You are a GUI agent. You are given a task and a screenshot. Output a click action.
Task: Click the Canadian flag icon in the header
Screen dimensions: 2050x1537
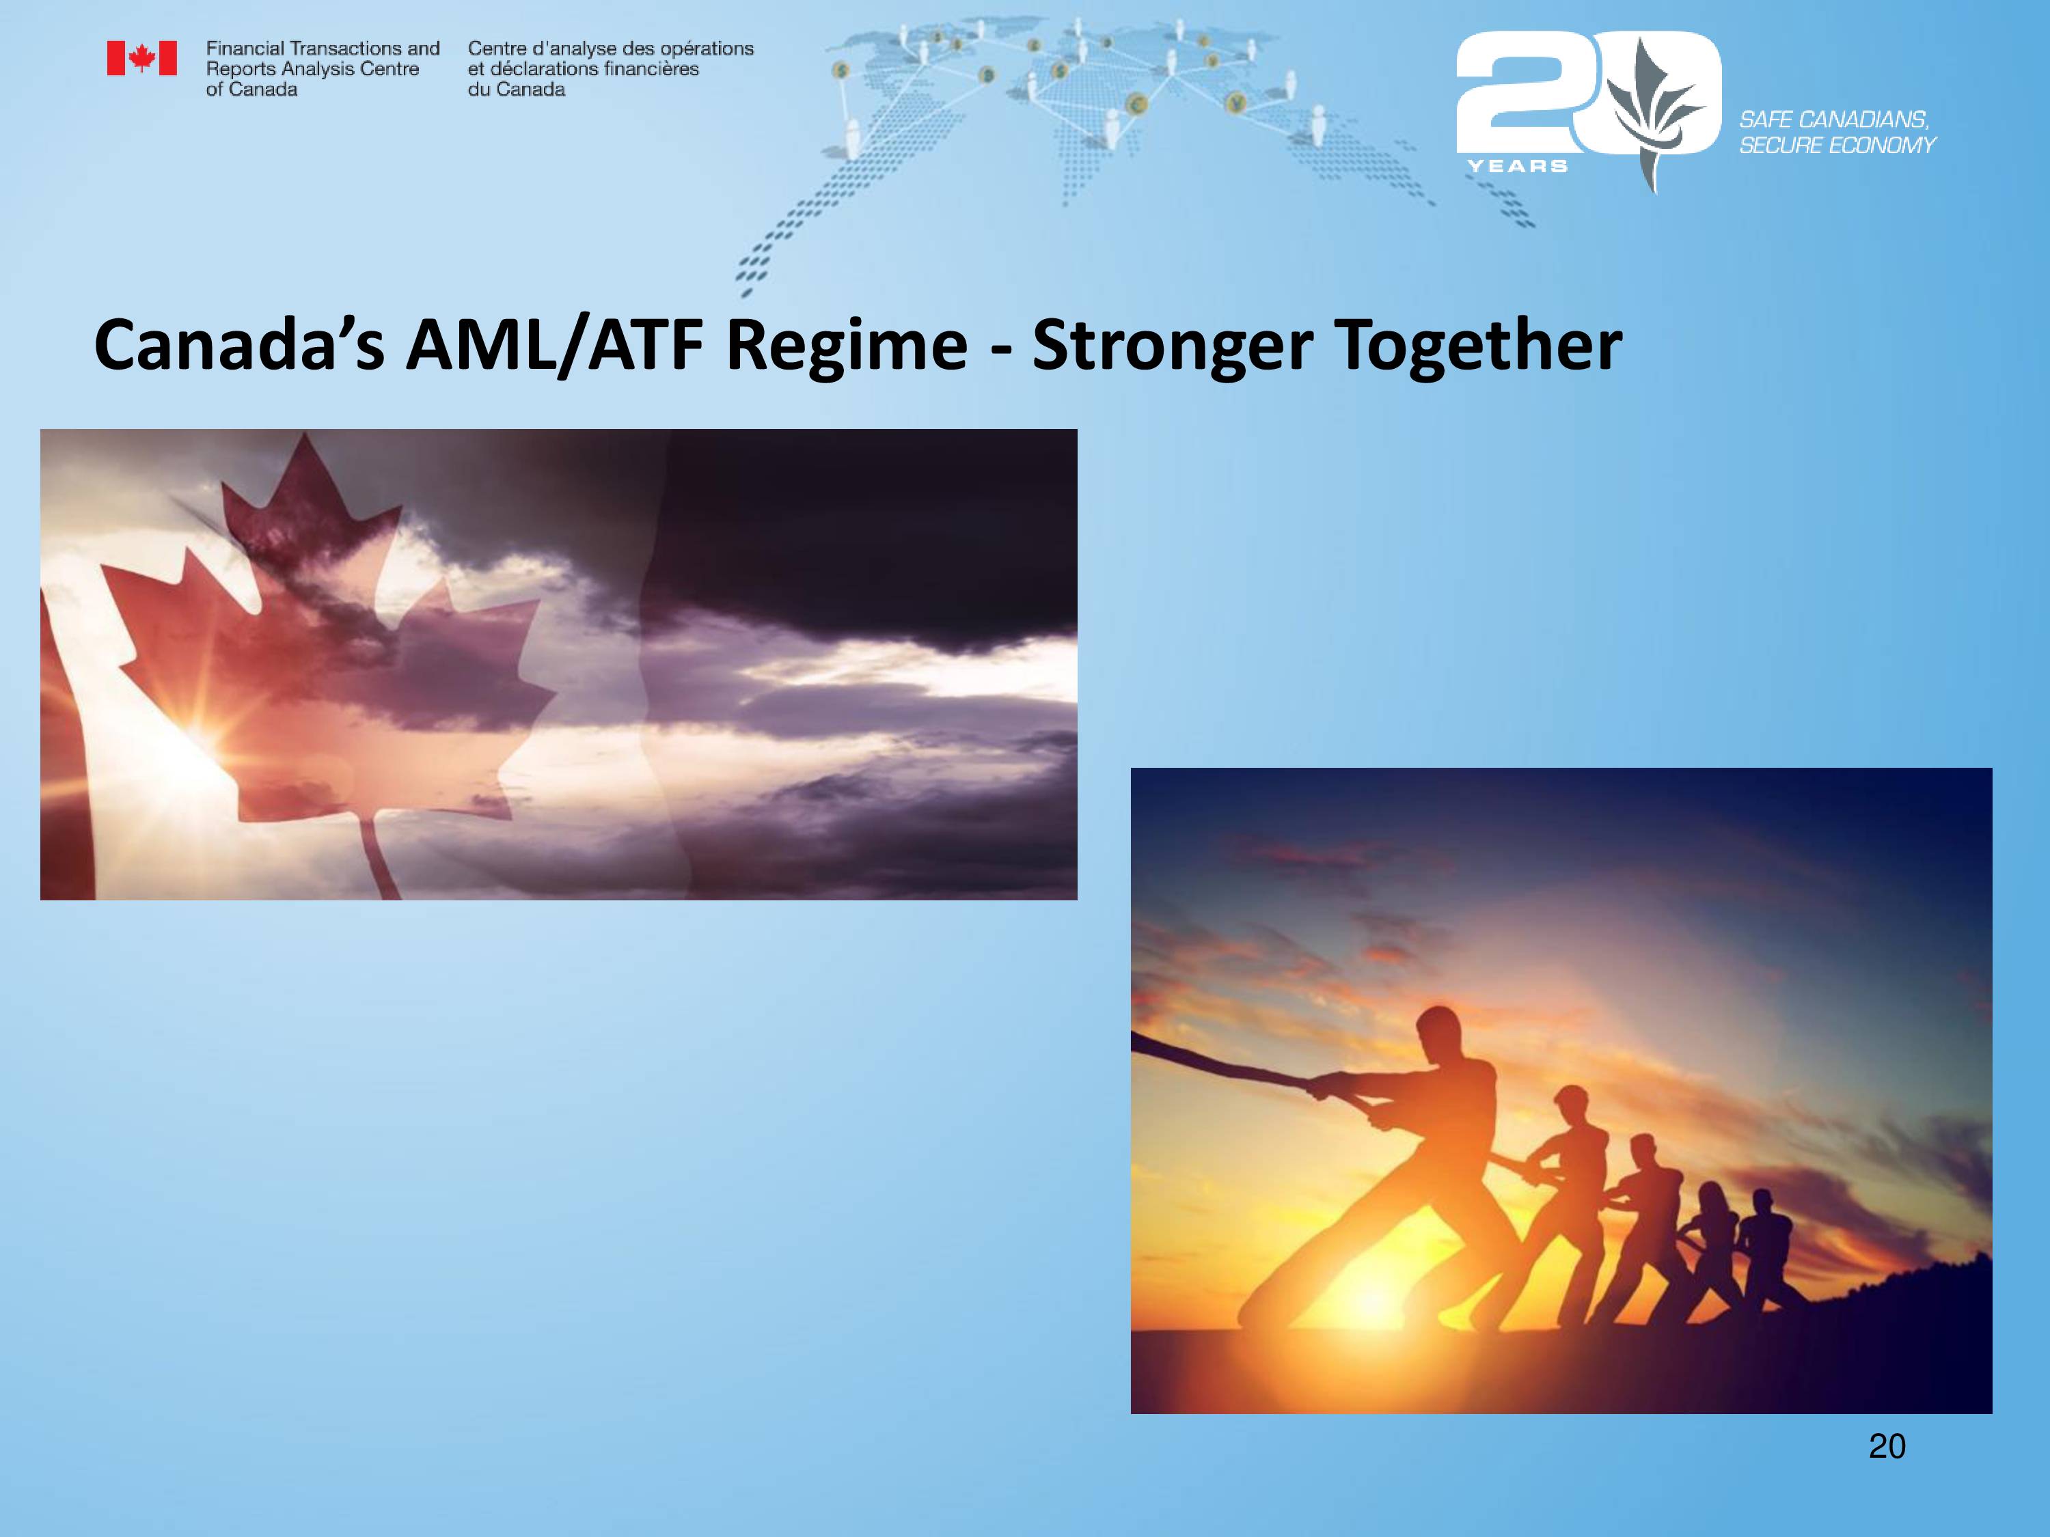[142, 57]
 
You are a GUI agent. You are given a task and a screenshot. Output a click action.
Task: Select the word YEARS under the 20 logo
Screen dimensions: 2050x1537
[1517, 166]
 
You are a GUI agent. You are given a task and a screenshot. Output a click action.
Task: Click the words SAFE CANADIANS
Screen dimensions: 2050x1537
[1833, 120]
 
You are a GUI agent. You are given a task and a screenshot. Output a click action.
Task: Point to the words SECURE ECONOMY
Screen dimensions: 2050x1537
[1837, 145]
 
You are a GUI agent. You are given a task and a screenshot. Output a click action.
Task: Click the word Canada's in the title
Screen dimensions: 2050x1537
[238, 345]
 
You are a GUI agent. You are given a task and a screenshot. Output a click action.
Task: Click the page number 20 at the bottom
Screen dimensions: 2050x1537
[1887, 1446]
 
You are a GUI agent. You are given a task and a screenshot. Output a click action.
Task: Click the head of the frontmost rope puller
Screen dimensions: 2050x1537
[1438, 1030]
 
